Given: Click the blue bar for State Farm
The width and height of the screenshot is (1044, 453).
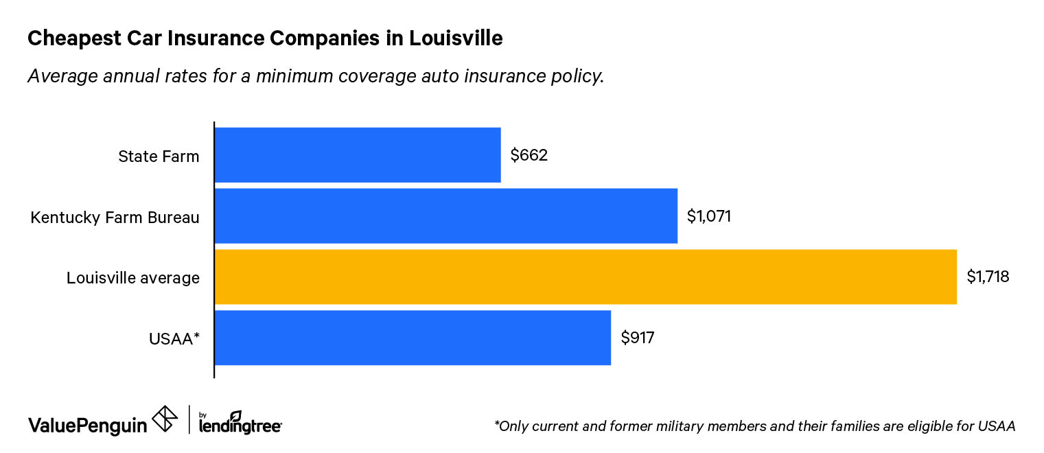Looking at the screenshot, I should click(x=358, y=155).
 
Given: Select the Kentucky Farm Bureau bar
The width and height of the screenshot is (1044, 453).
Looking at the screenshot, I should click(x=446, y=216).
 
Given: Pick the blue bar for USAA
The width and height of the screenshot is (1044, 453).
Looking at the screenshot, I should click(x=413, y=338).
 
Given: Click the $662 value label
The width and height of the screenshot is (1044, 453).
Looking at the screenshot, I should click(x=529, y=155).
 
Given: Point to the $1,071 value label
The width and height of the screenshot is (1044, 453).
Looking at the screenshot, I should click(x=709, y=216).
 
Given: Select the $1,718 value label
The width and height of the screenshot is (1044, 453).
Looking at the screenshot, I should click(x=988, y=277).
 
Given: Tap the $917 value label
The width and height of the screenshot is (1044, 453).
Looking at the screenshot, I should click(x=638, y=338).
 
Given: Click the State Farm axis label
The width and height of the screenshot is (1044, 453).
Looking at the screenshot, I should click(x=159, y=156).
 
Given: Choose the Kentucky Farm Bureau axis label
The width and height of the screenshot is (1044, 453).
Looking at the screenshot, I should click(x=115, y=218).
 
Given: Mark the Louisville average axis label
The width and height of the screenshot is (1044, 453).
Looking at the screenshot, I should click(x=133, y=278).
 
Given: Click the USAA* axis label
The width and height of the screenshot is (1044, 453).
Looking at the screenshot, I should click(x=174, y=338).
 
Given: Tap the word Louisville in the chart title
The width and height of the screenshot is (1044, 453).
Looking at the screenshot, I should click(x=456, y=39).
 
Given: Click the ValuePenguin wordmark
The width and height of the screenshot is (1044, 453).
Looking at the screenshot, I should click(x=87, y=425).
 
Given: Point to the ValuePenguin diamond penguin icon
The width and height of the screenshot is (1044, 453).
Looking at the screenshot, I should click(x=165, y=419).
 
